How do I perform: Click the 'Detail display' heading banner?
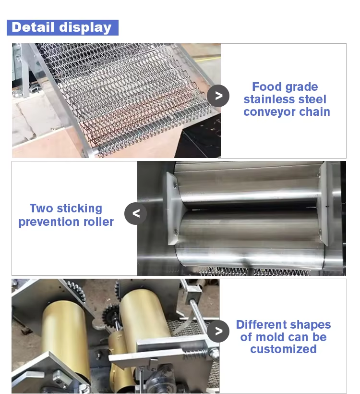pyautogui.click(x=62, y=28)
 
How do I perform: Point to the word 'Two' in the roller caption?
pyautogui.click(x=41, y=209)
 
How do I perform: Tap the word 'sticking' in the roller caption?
pyautogui.click(x=79, y=209)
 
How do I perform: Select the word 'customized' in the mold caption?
pyautogui.click(x=283, y=349)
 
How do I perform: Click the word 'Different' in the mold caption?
pyautogui.click(x=260, y=325)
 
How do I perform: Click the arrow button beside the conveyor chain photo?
pyautogui.click(x=218, y=96)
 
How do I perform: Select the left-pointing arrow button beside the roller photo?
pyautogui.click(x=135, y=214)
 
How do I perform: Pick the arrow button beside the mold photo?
pyautogui.click(x=218, y=331)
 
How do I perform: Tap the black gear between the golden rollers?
pyautogui.click(x=110, y=315)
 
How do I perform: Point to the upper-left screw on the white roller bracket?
pyautogui.click(x=175, y=185)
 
